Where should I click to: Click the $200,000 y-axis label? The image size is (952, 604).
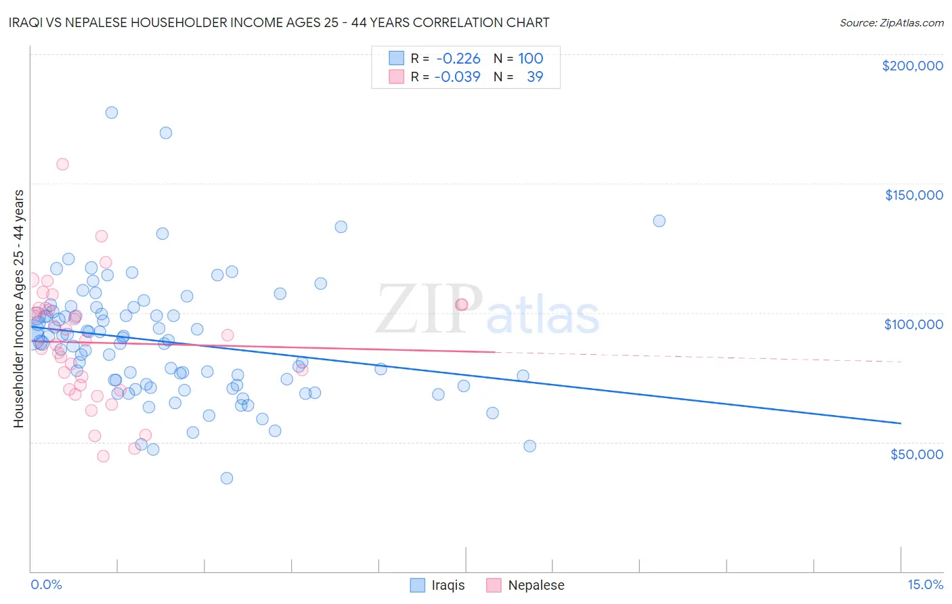[912, 66]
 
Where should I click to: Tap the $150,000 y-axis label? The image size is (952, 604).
[913, 195]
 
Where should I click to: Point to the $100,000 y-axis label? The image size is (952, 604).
[913, 324]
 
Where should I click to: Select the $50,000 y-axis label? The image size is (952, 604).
[916, 454]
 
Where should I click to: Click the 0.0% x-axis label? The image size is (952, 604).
[46, 585]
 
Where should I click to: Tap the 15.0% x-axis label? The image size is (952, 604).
[925, 585]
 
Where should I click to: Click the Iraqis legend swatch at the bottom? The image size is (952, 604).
[418, 585]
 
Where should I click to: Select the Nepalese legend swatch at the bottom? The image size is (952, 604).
[494, 585]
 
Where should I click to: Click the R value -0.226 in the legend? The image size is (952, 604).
[458, 59]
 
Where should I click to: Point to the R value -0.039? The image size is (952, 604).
[458, 77]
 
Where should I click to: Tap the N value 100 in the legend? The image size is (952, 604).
[531, 59]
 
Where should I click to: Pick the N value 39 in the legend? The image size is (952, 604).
[535, 77]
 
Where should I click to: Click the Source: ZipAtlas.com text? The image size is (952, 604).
[891, 23]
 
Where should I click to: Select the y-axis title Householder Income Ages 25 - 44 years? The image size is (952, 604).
[19, 309]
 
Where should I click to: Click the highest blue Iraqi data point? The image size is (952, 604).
[112, 112]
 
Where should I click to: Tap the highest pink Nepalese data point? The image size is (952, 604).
[62, 164]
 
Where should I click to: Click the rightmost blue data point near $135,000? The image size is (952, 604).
[659, 221]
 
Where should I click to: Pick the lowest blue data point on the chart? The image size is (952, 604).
[227, 478]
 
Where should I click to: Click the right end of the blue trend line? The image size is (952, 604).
[901, 423]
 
